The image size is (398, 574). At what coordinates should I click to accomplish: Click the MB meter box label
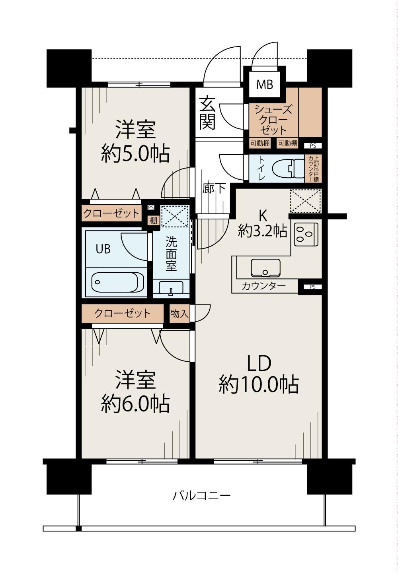[x=265, y=84]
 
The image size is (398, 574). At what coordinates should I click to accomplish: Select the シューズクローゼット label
[x=273, y=120]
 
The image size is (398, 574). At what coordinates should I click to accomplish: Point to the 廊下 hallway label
[x=214, y=188]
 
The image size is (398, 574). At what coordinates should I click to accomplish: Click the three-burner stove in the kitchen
[x=306, y=234]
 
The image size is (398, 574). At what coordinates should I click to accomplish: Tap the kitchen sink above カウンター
[x=265, y=268]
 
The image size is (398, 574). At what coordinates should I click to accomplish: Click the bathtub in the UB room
[x=117, y=282]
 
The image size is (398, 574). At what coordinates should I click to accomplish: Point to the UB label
[x=103, y=248]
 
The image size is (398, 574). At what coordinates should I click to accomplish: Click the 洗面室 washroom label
[x=171, y=254]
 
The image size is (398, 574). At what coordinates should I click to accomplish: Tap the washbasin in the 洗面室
[x=171, y=288]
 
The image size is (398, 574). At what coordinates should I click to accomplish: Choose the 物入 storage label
[x=179, y=313]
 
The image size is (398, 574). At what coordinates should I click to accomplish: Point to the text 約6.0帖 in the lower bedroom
[x=135, y=404]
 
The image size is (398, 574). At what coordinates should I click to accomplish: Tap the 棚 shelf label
[x=154, y=220]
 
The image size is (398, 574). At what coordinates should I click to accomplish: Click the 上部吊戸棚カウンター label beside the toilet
[x=313, y=169]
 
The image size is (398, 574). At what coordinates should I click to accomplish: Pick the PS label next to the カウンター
[x=312, y=287]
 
